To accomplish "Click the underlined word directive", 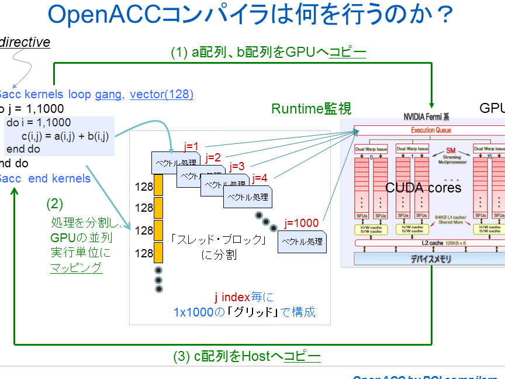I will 25,42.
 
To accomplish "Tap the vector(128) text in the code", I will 161,94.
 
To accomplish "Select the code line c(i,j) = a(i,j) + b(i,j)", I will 65,136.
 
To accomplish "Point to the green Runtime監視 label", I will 311,109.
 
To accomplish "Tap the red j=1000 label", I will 302,223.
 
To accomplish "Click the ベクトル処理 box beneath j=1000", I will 303,241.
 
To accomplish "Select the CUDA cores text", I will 423,188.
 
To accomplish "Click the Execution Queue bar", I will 431,130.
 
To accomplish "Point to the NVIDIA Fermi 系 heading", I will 431,117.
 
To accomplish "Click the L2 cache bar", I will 431,242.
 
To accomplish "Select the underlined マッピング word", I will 77,268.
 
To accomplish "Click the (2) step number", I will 54,204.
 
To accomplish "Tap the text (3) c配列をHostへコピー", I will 247,356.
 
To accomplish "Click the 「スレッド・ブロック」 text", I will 219,240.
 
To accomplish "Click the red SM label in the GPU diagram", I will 451,150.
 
